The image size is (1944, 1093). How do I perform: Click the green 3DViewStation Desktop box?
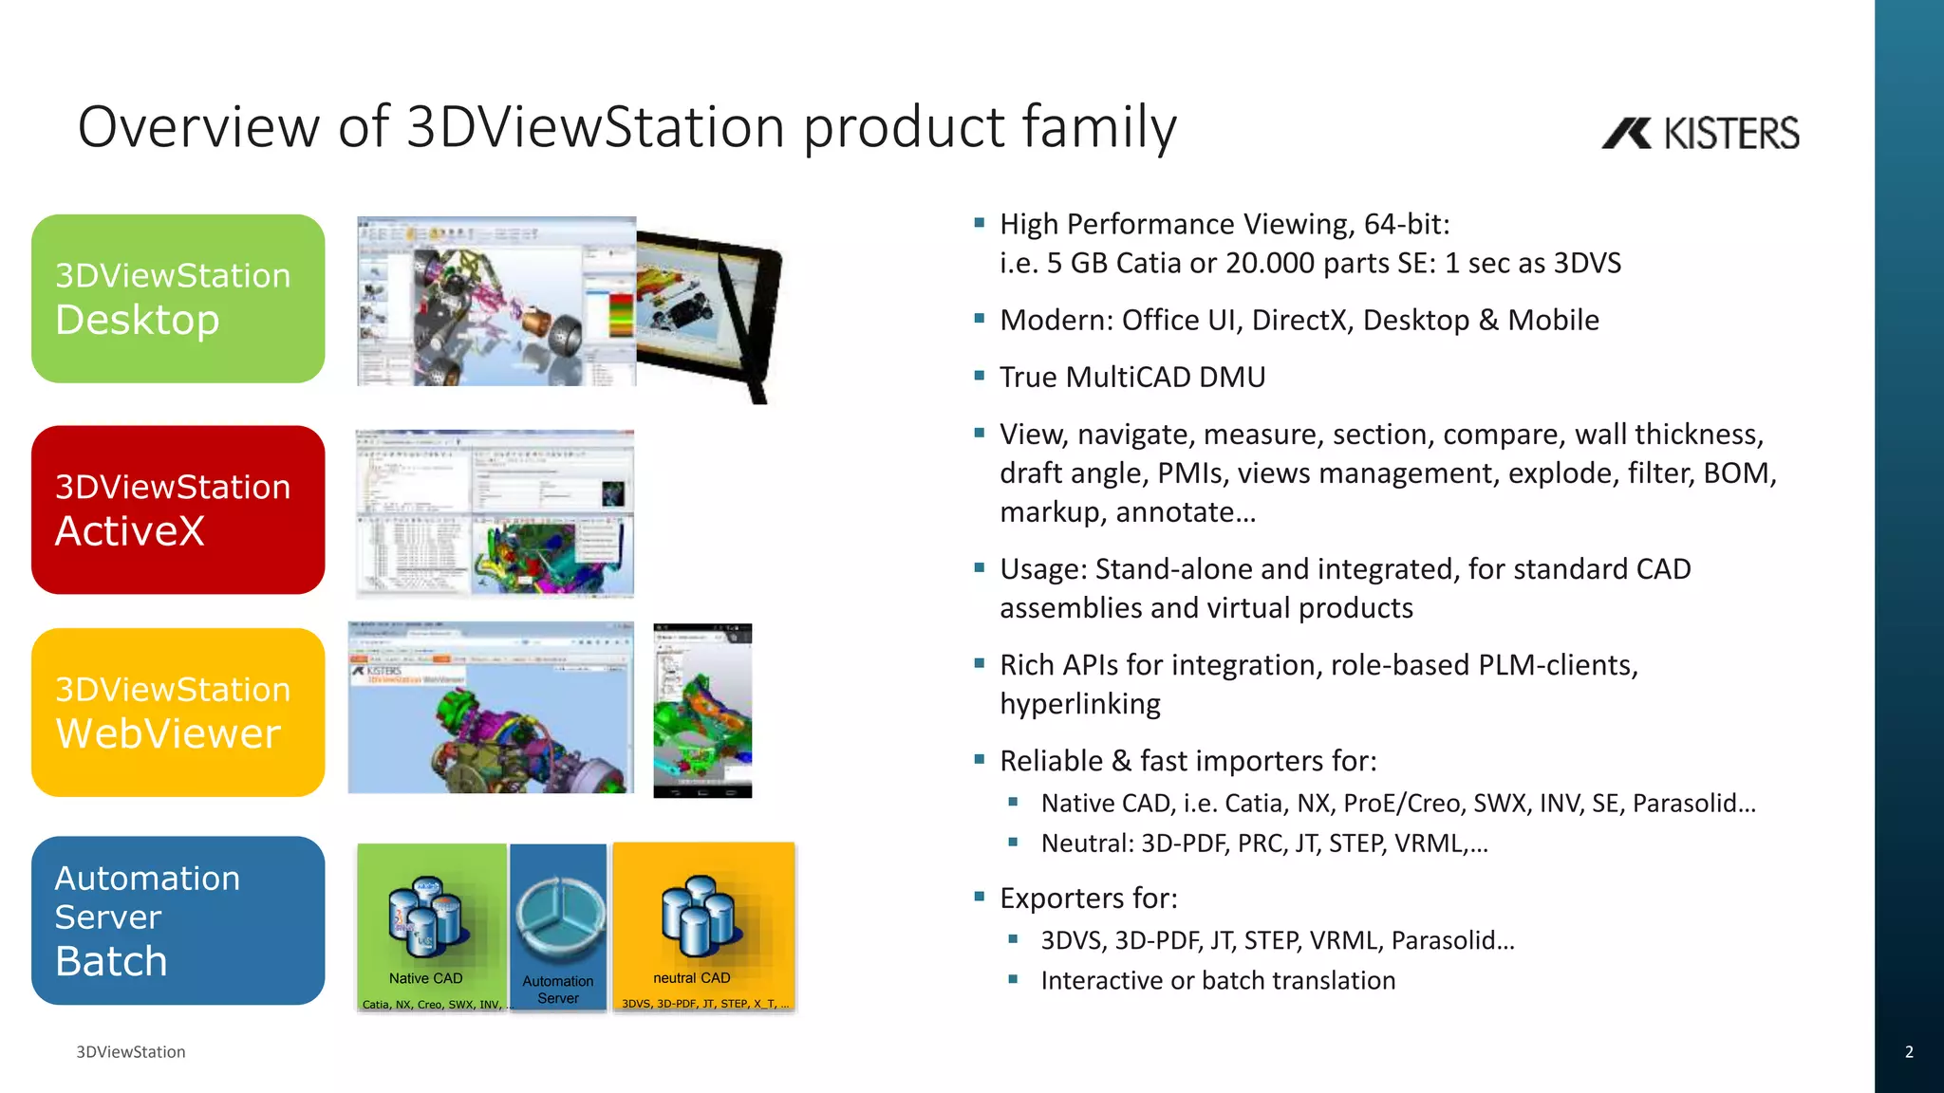click(178, 299)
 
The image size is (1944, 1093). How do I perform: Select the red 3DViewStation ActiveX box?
click(178, 509)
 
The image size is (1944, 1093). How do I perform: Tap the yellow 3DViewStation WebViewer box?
click(178, 713)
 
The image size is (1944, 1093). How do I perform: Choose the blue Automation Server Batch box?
click(178, 920)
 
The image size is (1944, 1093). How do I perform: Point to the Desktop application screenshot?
click(496, 301)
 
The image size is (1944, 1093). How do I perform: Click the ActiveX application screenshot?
click(495, 513)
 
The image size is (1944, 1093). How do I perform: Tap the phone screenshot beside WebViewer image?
click(702, 711)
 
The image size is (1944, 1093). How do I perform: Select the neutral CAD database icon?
click(699, 916)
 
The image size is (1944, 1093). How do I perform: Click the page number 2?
click(1909, 1051)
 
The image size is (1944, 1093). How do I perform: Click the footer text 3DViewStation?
click(131, 1051)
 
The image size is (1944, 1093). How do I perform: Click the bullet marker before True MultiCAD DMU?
click(980, 376)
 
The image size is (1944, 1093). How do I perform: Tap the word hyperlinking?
click(1080, 704)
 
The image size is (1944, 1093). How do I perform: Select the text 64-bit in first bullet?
click(1407, 224)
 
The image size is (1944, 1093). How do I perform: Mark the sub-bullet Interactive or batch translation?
click(1218, 980)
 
